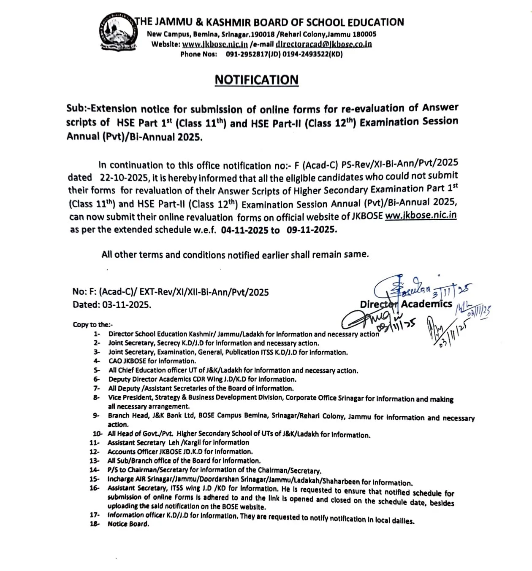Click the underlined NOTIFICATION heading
point(256,80)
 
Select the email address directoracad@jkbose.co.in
point(324,44)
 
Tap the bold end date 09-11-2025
point(311,230)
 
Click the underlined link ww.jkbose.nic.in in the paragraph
point(421,215)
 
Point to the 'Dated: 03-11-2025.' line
point(112,304)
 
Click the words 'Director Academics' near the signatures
point(406,304)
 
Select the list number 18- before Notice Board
point(95,524)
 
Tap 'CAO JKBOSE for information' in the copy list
point(152,361)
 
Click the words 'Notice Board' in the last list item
point(128,524)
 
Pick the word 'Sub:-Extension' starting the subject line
point(102,109)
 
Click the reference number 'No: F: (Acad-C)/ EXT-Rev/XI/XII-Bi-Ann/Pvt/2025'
point(171,292)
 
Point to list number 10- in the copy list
point(97,434)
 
